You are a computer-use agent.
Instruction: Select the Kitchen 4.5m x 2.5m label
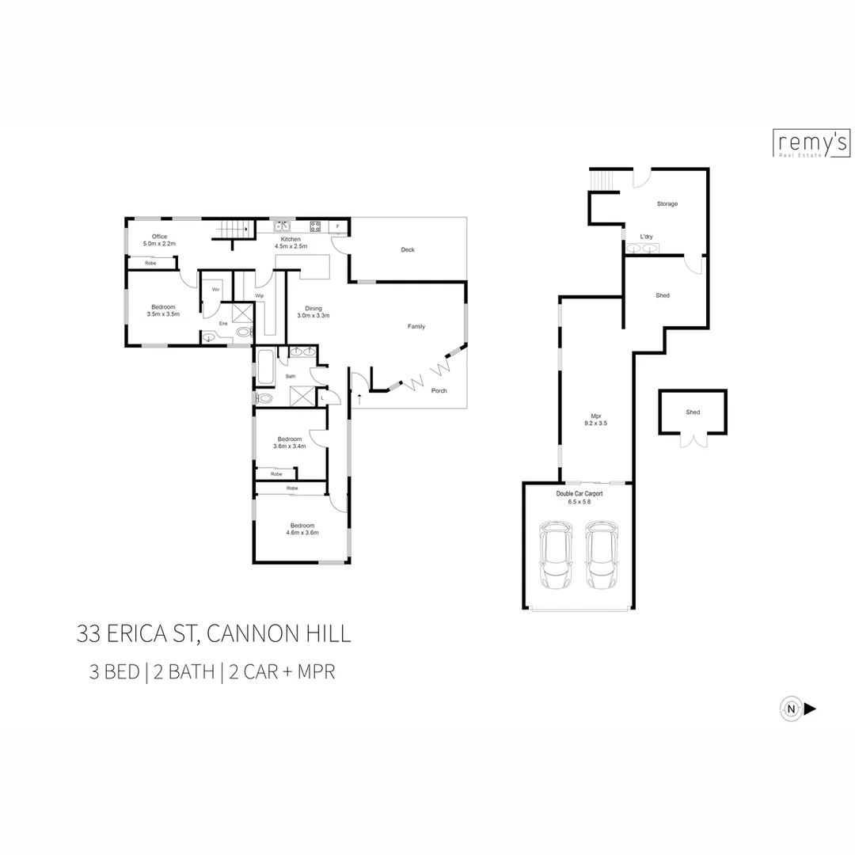[291, 242]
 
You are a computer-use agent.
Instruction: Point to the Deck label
[407, 250]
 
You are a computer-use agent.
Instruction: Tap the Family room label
[416, 326]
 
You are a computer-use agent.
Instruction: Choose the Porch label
[439, 391]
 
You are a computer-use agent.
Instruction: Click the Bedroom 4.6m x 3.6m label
[302, 529]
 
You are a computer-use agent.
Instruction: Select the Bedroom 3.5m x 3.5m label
[163, 310]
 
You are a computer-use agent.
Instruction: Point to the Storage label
[667, 204]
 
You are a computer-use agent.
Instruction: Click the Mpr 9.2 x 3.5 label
[598, 420]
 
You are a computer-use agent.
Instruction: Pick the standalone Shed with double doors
[692, 412]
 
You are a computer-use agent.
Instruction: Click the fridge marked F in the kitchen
[338, 227]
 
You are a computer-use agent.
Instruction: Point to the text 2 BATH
[185, 673]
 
